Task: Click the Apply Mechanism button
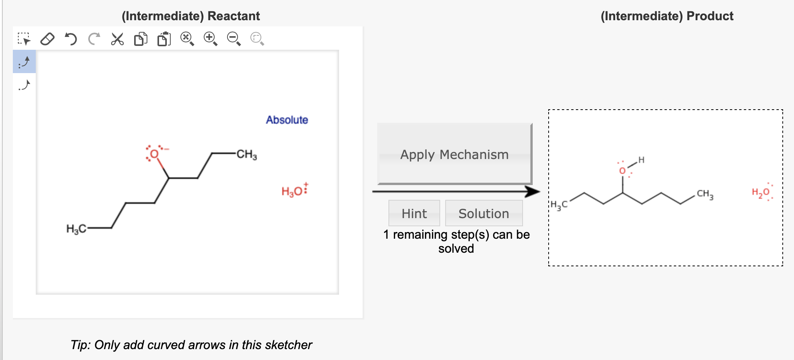point(454,154)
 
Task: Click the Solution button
point(483,213)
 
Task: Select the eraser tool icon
point(47,39)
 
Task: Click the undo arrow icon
point(71,39)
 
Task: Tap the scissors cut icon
point(117,39)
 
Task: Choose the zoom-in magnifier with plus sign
point(210,39)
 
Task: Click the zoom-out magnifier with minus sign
point(234,39)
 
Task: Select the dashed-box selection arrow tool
point(24,39)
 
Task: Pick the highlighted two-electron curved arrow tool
point(24,62)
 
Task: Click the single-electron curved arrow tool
point(24,85)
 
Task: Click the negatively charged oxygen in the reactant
point(154,154)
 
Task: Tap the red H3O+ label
point(294,191)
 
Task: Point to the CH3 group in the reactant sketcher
point(247,154)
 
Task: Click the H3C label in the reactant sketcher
point(76,229)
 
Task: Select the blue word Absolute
point(287,120)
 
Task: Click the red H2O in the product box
point(761,192)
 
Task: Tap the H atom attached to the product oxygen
point(641,160)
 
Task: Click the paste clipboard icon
point(164,39)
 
